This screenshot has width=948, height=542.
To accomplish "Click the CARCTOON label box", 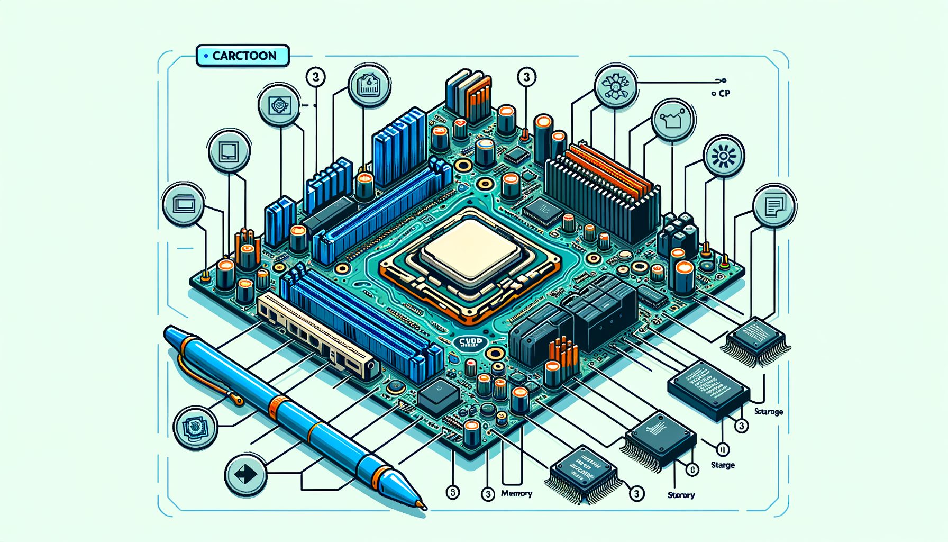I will [243, 56].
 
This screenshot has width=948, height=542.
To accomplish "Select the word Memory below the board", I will [516, 493].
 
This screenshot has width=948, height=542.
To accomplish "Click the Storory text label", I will [681, 495].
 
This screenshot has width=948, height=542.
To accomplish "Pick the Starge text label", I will [723, 465].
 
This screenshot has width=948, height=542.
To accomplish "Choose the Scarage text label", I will [768, 412].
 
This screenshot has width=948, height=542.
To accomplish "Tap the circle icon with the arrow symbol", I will [245, 474].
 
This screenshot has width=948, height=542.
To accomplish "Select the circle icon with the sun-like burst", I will [723, 157].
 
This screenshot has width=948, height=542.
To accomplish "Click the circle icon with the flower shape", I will [615, 85].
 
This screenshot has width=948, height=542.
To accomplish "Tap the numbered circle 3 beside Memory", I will [488, 494].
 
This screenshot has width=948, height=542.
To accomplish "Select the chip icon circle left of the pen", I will [195, 427].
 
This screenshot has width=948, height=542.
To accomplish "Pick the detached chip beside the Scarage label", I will [708, 391].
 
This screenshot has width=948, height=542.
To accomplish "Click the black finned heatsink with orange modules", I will [603, 196].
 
